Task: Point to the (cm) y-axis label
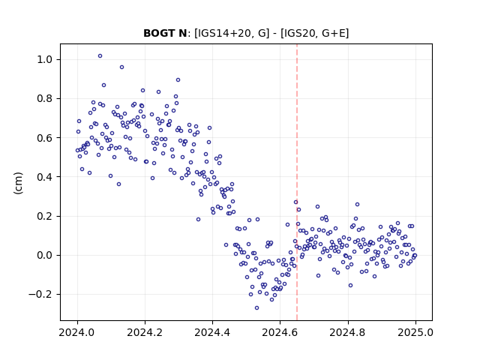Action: click(18, 183)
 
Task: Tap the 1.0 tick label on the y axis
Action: click(44, 59)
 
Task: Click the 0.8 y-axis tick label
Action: click(44, 98)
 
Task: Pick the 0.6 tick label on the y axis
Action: click(44, 138)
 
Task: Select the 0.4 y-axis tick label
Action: click(44, 177)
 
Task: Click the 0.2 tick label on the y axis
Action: click(44, 216)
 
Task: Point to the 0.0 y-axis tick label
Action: click(44, 255)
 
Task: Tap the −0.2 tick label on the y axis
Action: click(40, 295)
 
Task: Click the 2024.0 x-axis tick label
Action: click(77, 332)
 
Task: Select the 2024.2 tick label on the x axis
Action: click(145, 332)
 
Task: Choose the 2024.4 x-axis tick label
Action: click(212, 332)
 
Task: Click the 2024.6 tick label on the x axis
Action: click(280, 332)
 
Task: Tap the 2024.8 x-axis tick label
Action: click(348, 332)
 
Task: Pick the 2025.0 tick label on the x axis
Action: click(415, 332)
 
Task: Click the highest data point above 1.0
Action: click(100, 56)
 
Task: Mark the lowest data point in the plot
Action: click(256, 308)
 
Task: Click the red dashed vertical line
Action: click(297, 182)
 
